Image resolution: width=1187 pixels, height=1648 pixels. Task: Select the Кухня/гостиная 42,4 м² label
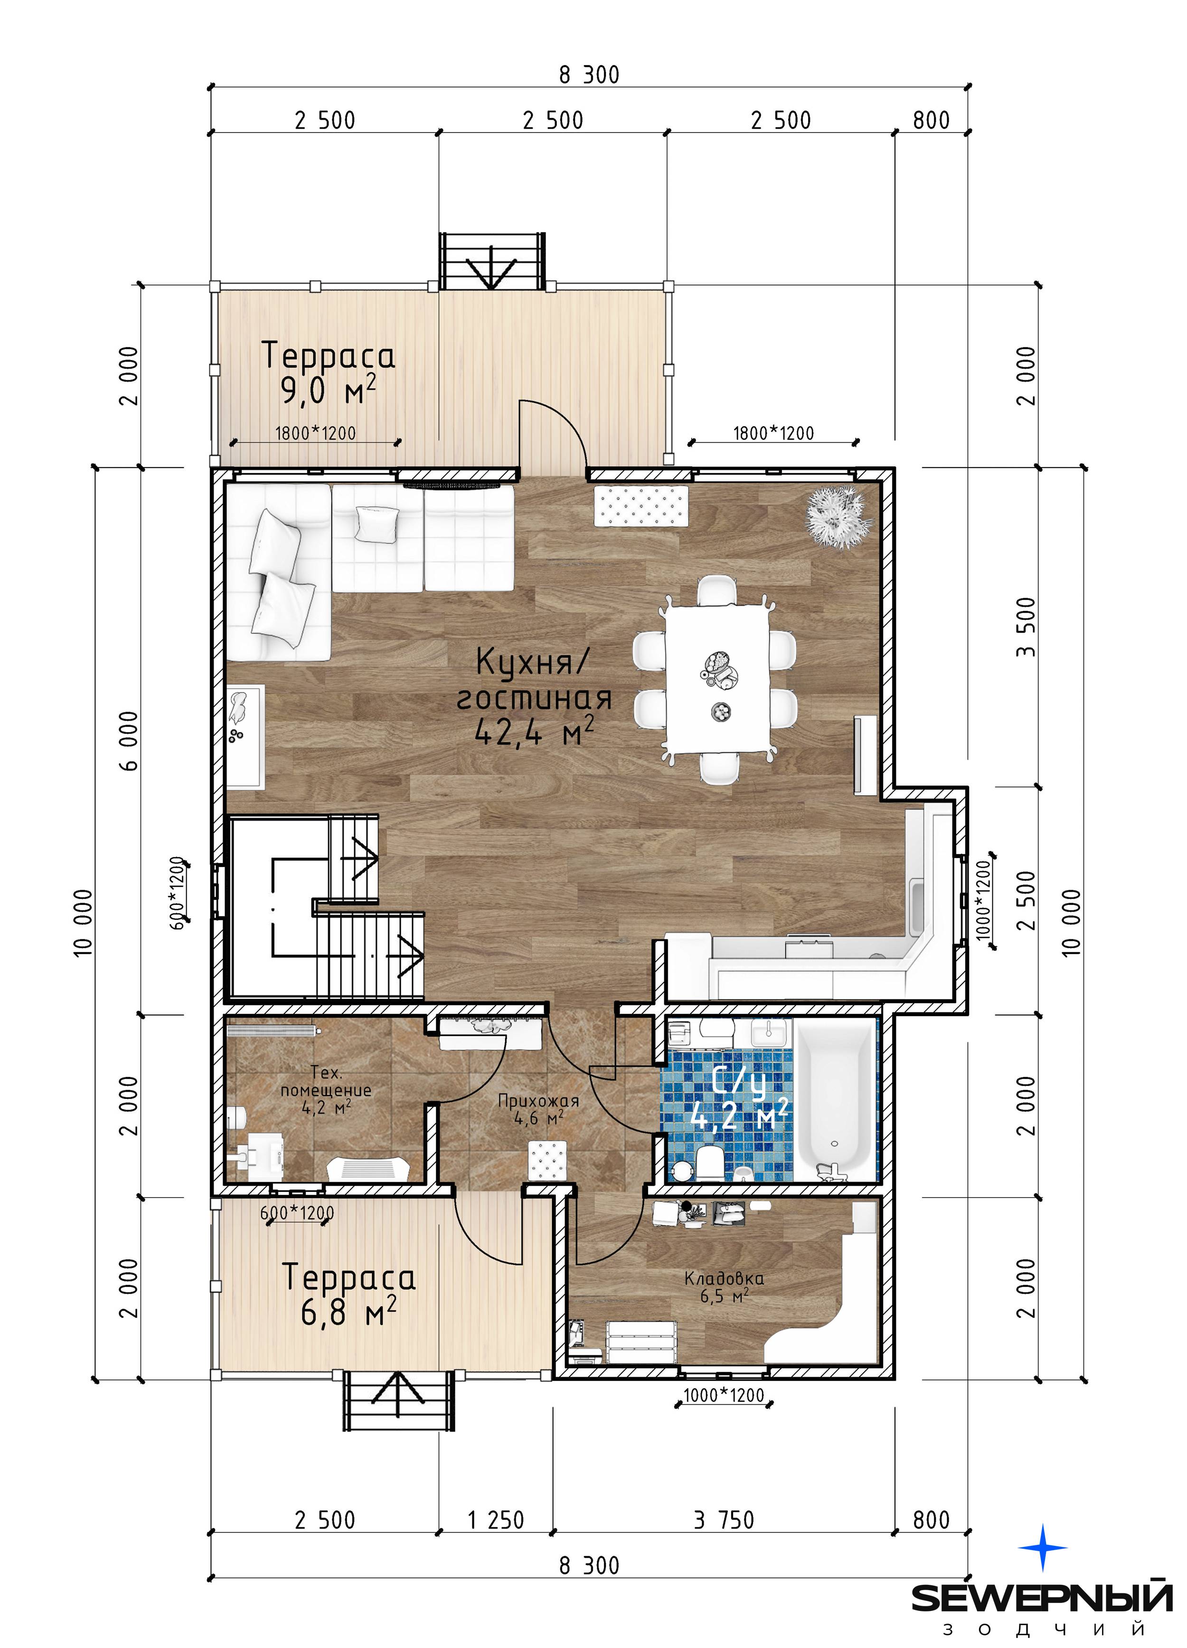pyautogui.click(x=534, y=697)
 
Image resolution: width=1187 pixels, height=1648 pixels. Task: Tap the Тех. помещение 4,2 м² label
pyautogui.click(x=326, y=1090)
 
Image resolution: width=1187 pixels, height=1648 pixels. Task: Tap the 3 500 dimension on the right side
pyautogui.click(x=1025, y=626)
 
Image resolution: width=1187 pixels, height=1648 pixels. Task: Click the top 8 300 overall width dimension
pyautogui.click(x=589, y=75)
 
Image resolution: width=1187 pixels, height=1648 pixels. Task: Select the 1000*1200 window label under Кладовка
pyautogui.click(x=724, y=1395)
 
